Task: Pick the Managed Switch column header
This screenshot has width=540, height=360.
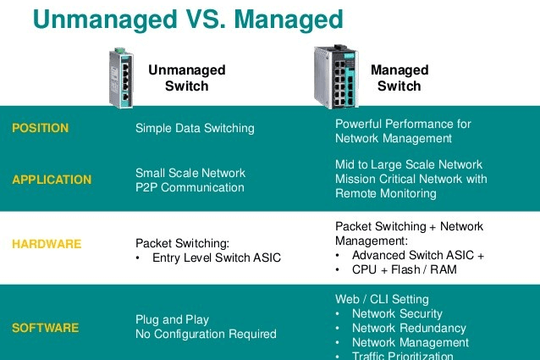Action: click(399, 78)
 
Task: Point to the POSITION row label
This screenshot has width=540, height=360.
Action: click(40, 129)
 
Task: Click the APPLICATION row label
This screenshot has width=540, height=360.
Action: click(52, 180)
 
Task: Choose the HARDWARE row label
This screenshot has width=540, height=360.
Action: click(47, 244)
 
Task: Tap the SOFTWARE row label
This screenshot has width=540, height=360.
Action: click(46, 327)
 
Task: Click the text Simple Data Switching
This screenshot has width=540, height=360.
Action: click(195, 129)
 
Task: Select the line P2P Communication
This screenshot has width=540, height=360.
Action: click(190, 187)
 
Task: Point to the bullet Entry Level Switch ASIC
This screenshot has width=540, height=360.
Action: click(216, 258)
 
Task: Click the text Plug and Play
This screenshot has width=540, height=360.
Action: click(172, 319)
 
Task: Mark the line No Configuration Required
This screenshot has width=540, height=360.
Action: click(206, 334)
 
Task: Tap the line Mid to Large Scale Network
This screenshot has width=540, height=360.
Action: click(409, 164)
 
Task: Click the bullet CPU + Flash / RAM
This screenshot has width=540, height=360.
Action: click(405, 269)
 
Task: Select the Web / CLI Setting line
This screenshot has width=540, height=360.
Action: click(382, 299)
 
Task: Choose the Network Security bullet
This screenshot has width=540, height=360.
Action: click(397, 313)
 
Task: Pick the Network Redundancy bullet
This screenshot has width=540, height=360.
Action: click(409, 328)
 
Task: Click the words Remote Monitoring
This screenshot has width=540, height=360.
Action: click(386, 193)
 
